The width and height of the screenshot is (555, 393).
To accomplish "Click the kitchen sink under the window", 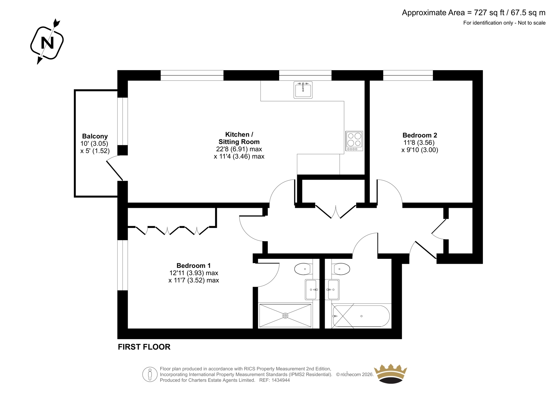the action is (x=303, y=90).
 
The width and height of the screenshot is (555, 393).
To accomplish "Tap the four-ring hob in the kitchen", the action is (x=354, y=141).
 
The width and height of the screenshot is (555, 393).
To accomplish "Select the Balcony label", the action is (x=95, y=136).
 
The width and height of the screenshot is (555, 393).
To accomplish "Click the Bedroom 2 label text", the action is (x=420, y=135).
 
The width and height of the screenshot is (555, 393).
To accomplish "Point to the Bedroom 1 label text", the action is (x=194, y=265).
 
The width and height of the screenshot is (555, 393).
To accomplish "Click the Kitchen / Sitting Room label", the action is (x=239, y=138).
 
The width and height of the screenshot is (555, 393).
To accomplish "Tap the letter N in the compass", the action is (x=47, y=43).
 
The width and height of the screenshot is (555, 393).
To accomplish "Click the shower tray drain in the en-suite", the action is (x=285, y=316).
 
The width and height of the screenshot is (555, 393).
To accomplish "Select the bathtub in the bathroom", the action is (x=361, y=316).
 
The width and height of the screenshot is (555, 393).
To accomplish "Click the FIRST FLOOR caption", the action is (x=144, y=347).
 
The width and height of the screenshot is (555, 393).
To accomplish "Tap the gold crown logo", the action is (x=391, y=374).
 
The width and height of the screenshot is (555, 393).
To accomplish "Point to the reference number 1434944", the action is (x=281, y=380).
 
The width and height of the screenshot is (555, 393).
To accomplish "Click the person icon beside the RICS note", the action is (x=150, y=374).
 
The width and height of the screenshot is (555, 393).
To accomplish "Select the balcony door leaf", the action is (x=114, y=171).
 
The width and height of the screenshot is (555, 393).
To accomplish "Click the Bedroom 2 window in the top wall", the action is (x=408, y=75).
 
